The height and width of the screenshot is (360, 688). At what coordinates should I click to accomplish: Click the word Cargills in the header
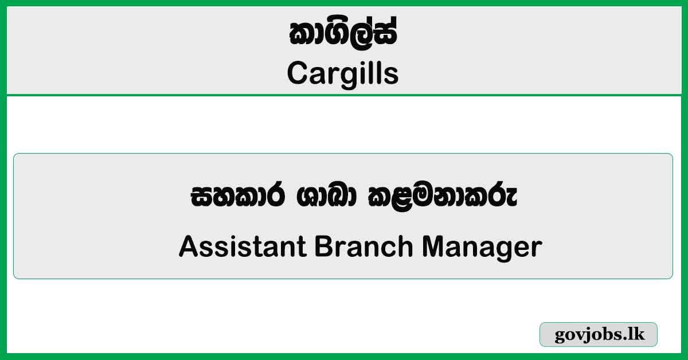tap(343, 73)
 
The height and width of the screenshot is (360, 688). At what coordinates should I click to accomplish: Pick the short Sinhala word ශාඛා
tap(311, 198)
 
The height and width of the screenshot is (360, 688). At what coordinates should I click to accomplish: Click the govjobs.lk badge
tap(599, 335)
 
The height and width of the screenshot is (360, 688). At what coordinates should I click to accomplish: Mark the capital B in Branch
tap(322, 247)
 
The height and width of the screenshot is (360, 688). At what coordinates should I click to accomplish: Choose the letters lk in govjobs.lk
tap(637, 335)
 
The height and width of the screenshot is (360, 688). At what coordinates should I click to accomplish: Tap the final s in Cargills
tap(392, 75)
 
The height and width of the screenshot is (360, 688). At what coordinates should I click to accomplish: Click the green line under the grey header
tap(344, 95)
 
